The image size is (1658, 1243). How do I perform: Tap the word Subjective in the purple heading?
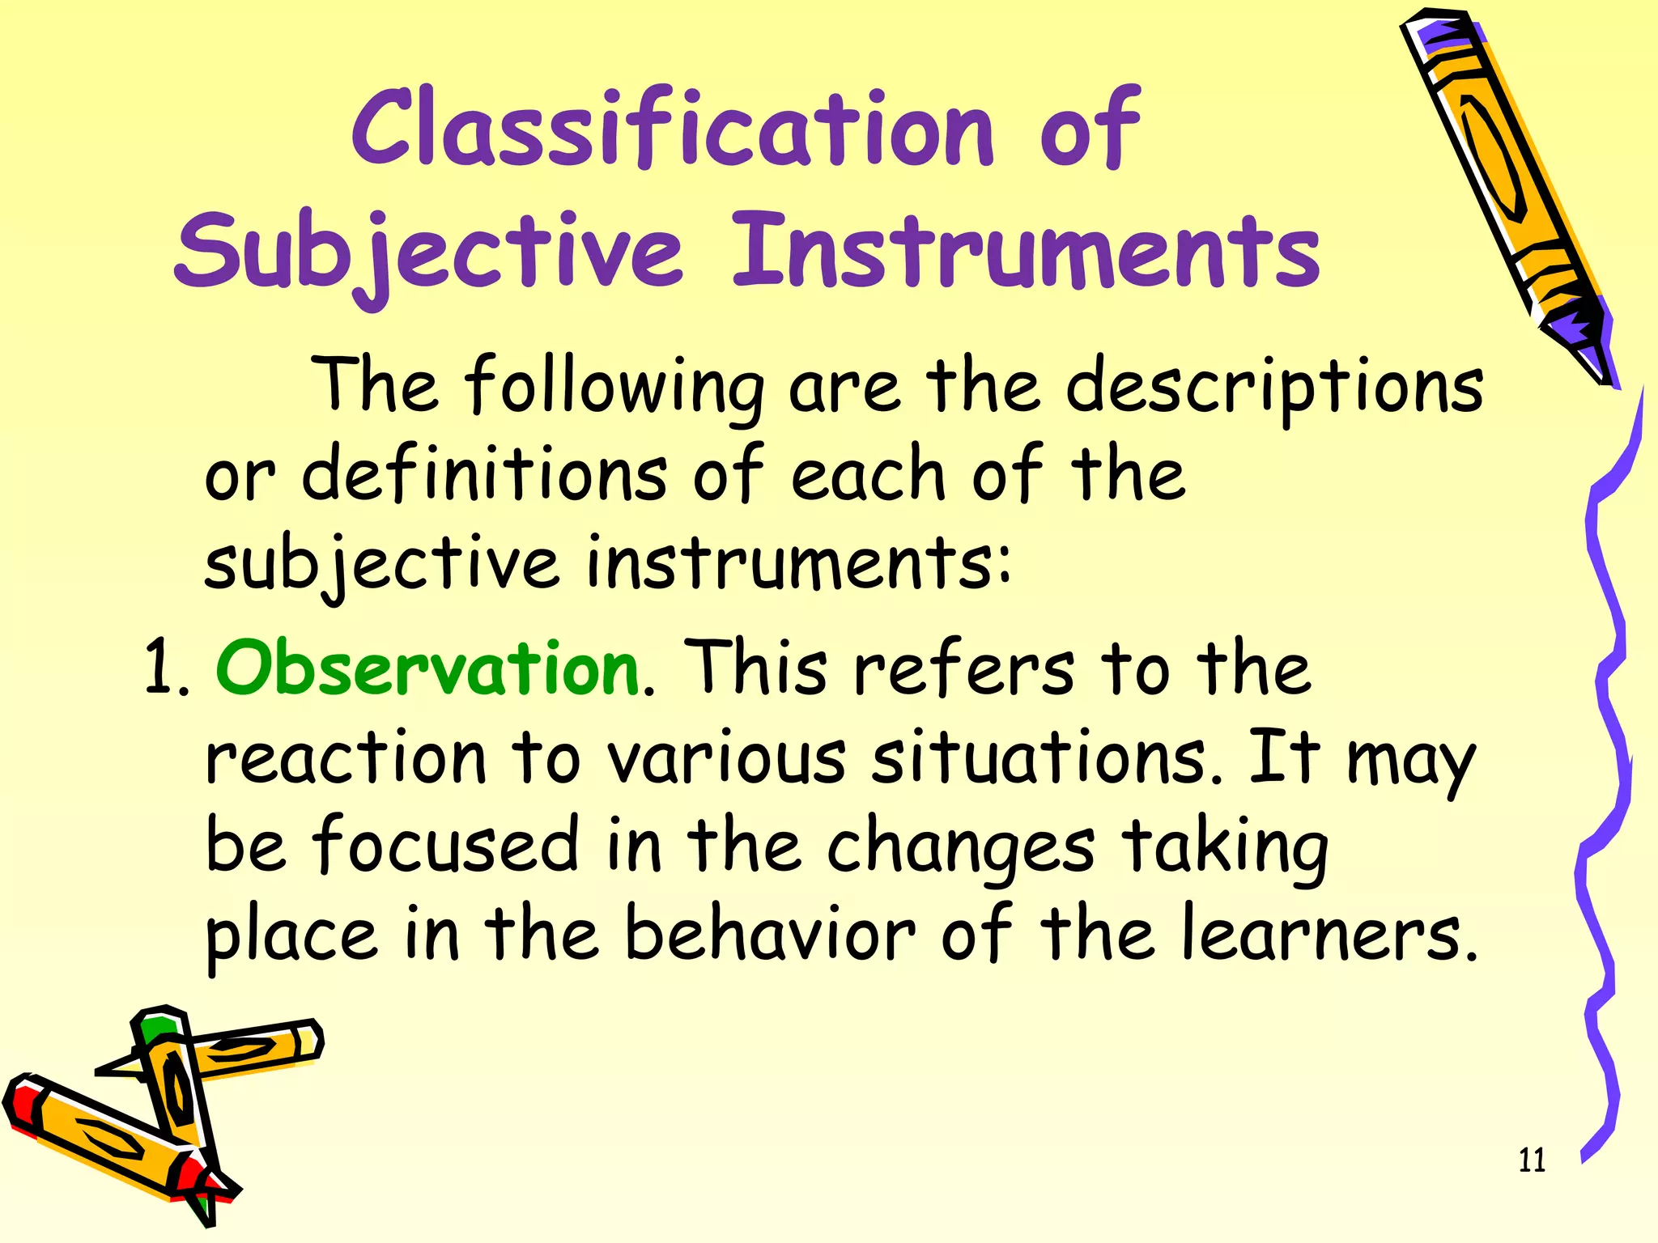(429, 251)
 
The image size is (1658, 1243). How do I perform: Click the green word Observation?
(427, 668)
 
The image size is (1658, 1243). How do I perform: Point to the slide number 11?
(1532, 1160)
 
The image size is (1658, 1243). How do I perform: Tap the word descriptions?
(1274, 387)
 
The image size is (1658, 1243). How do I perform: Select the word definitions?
(484, 476)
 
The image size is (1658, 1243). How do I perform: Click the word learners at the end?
(1328, 935)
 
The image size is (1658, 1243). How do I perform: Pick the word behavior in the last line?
(770, 935)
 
